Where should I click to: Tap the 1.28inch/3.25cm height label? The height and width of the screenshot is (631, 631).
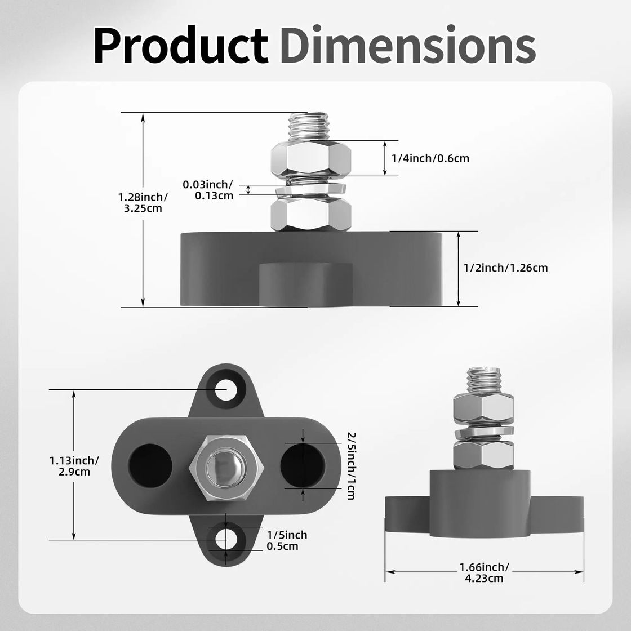143,203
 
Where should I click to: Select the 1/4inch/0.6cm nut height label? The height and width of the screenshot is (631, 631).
430,158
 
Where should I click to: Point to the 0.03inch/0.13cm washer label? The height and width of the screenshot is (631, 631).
208,190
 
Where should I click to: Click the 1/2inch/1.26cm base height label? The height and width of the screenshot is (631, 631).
505,268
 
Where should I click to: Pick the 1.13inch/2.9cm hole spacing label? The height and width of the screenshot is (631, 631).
74,466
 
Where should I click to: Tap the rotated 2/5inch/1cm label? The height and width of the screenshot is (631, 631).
352,465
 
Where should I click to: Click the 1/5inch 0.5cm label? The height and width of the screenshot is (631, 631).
287,540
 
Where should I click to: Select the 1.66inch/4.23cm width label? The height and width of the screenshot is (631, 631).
484,572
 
